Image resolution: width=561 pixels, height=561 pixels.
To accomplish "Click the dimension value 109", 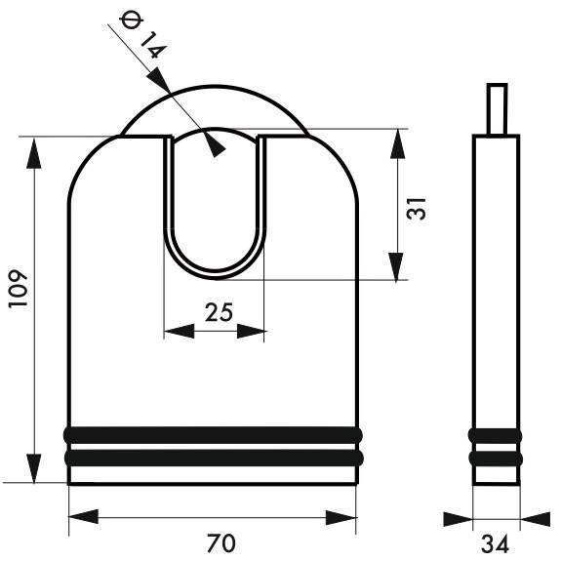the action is [x=18, y=288].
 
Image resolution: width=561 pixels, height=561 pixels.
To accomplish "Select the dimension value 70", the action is [x=221, y=542].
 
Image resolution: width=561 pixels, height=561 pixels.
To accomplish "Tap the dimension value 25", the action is [x=219, y=312].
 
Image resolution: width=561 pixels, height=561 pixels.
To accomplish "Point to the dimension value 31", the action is [x=417, y=208].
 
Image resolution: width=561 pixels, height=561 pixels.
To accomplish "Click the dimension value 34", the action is [x=495, y=544].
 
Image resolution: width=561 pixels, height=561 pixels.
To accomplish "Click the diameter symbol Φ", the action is [x=132, y=20].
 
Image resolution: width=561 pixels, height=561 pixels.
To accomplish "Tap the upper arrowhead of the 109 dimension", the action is [x=34, y=153].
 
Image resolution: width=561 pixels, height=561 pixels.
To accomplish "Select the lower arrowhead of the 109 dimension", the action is [x=34, y=468].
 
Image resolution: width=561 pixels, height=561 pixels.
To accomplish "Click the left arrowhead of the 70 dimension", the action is [x=83, y=517].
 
